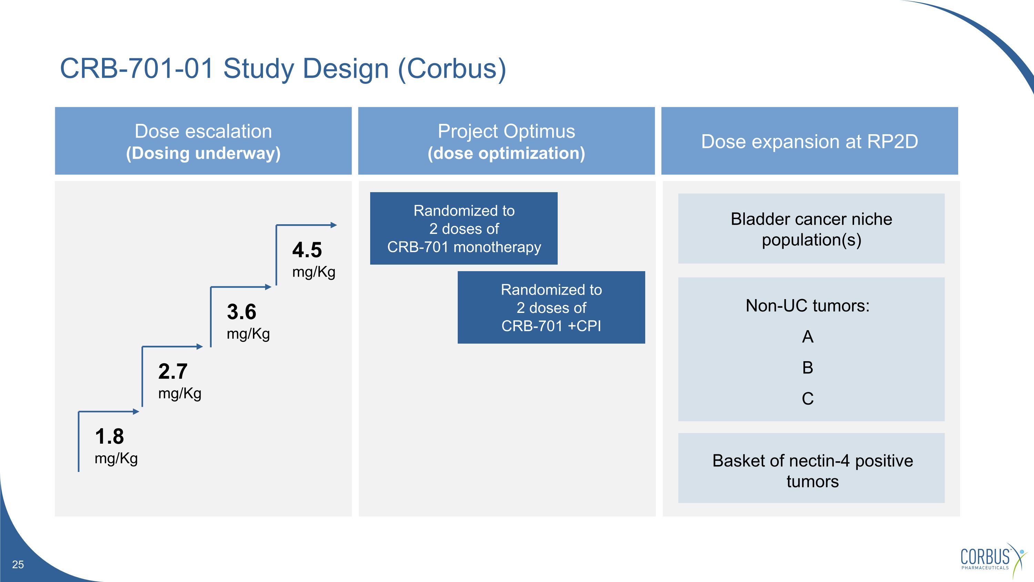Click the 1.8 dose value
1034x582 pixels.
(109, 437)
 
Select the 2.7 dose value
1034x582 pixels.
(173, 372)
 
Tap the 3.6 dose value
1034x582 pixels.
(241, 312)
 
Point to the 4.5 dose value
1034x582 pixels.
(307, 250)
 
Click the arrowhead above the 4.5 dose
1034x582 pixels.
(334, 225)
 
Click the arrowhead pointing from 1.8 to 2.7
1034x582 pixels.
(136, 411)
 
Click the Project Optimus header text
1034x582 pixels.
(506, 131)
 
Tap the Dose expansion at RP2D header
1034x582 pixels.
(809, 141)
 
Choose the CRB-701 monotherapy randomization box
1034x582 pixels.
(464, 228)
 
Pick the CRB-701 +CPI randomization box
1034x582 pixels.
(551, 308)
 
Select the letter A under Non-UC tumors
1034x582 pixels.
(808, 337)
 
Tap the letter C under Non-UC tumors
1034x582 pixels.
(808, 399)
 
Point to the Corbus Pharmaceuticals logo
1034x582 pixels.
(992, 558)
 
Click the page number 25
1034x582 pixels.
(18, 564)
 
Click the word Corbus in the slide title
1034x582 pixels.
(452, 69)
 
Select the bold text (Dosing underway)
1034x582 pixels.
(203, 154)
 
